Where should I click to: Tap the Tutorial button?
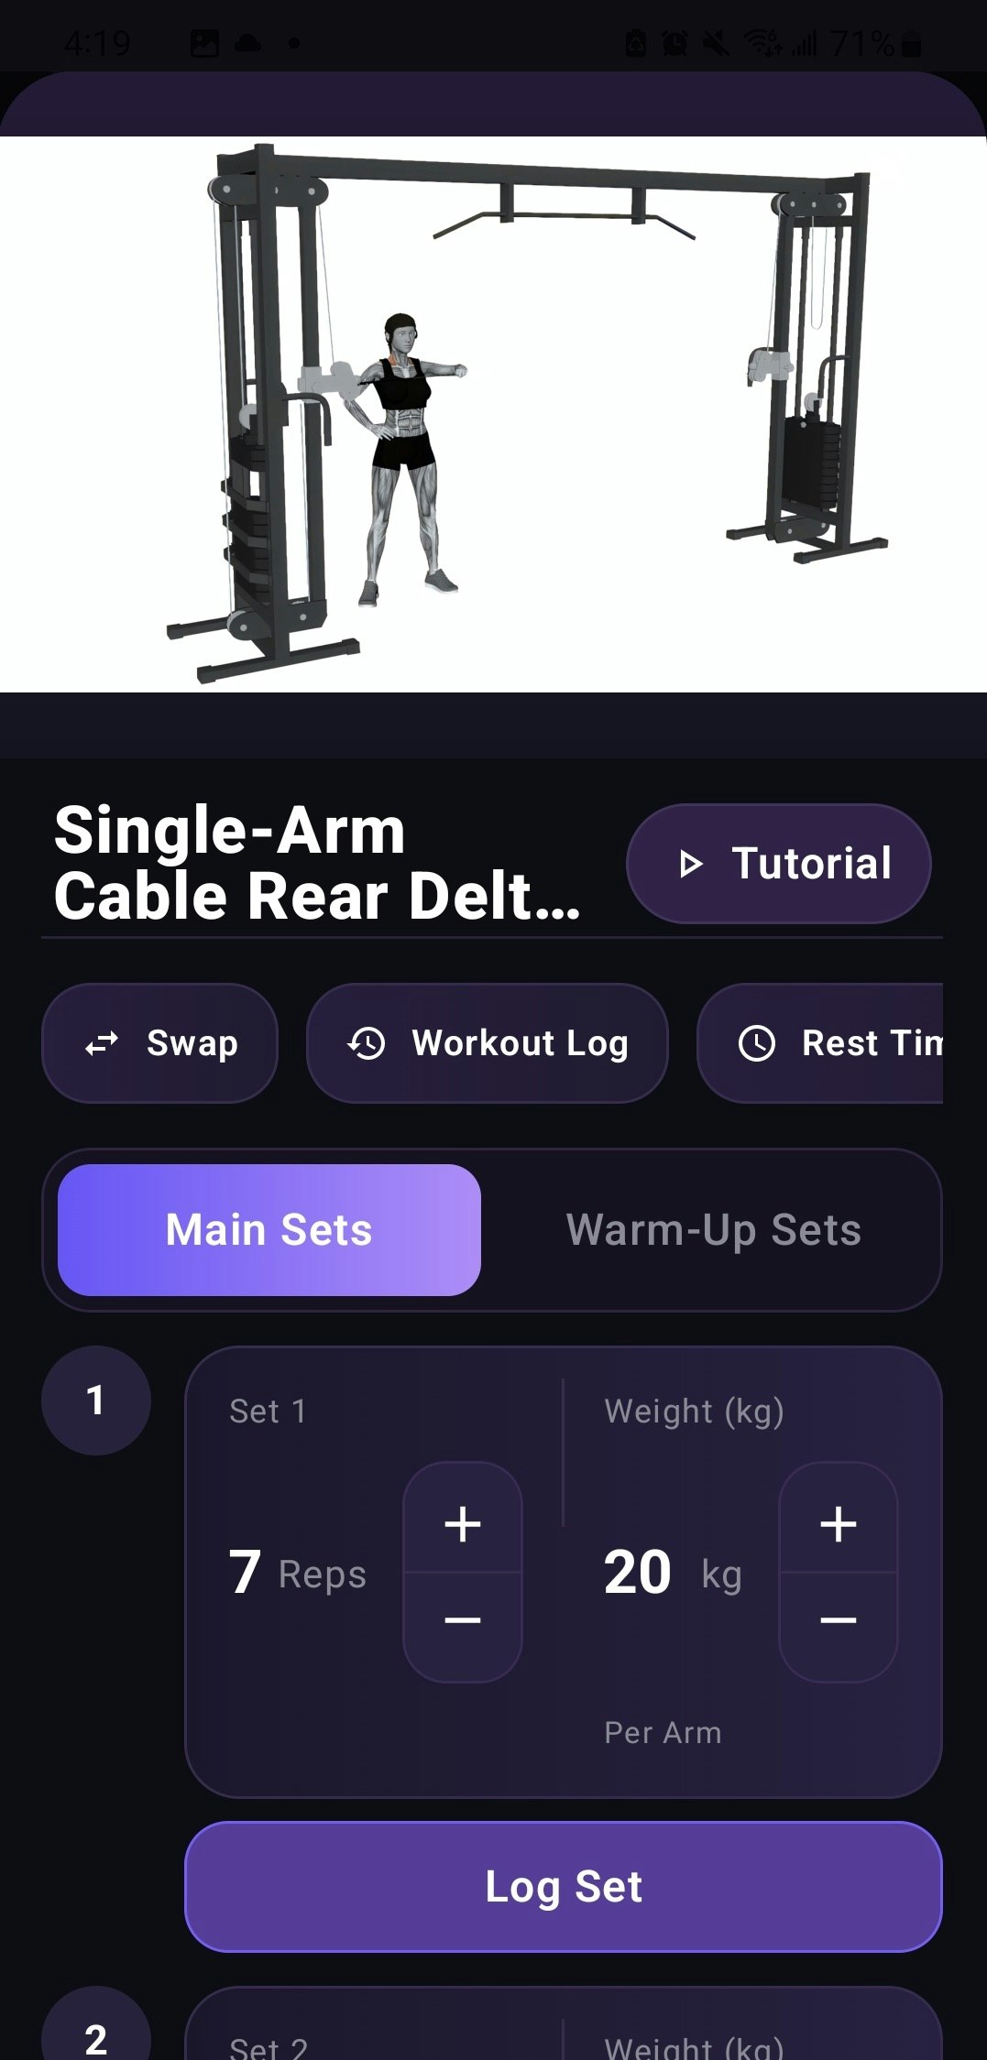[x=778, y=863]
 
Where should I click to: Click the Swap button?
[x=159, y=1042]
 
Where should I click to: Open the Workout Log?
[x=487, y=1042]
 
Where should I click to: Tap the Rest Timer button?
[x=825, y=1042]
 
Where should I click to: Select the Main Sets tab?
[x=269, y=1229]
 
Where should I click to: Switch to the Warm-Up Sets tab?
[x=713, y=1229]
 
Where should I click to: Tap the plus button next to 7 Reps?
[x=463, y=1524]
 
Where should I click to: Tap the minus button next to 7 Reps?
[x=463, y=1619]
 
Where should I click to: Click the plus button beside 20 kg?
[x=838, y=1524]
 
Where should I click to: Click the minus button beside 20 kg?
[x=838, y=1619]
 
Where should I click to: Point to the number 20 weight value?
[x=638, y=1573]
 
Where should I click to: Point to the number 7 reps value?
[x=245, y=1573]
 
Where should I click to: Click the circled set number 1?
[x=95, y=1400]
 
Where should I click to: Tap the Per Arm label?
[x=663, y=1732]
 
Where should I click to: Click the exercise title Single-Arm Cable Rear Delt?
[x=316, y=863]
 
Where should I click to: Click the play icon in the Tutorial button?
[x=690, y=863]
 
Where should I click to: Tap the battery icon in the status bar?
[x=911, y=43]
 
